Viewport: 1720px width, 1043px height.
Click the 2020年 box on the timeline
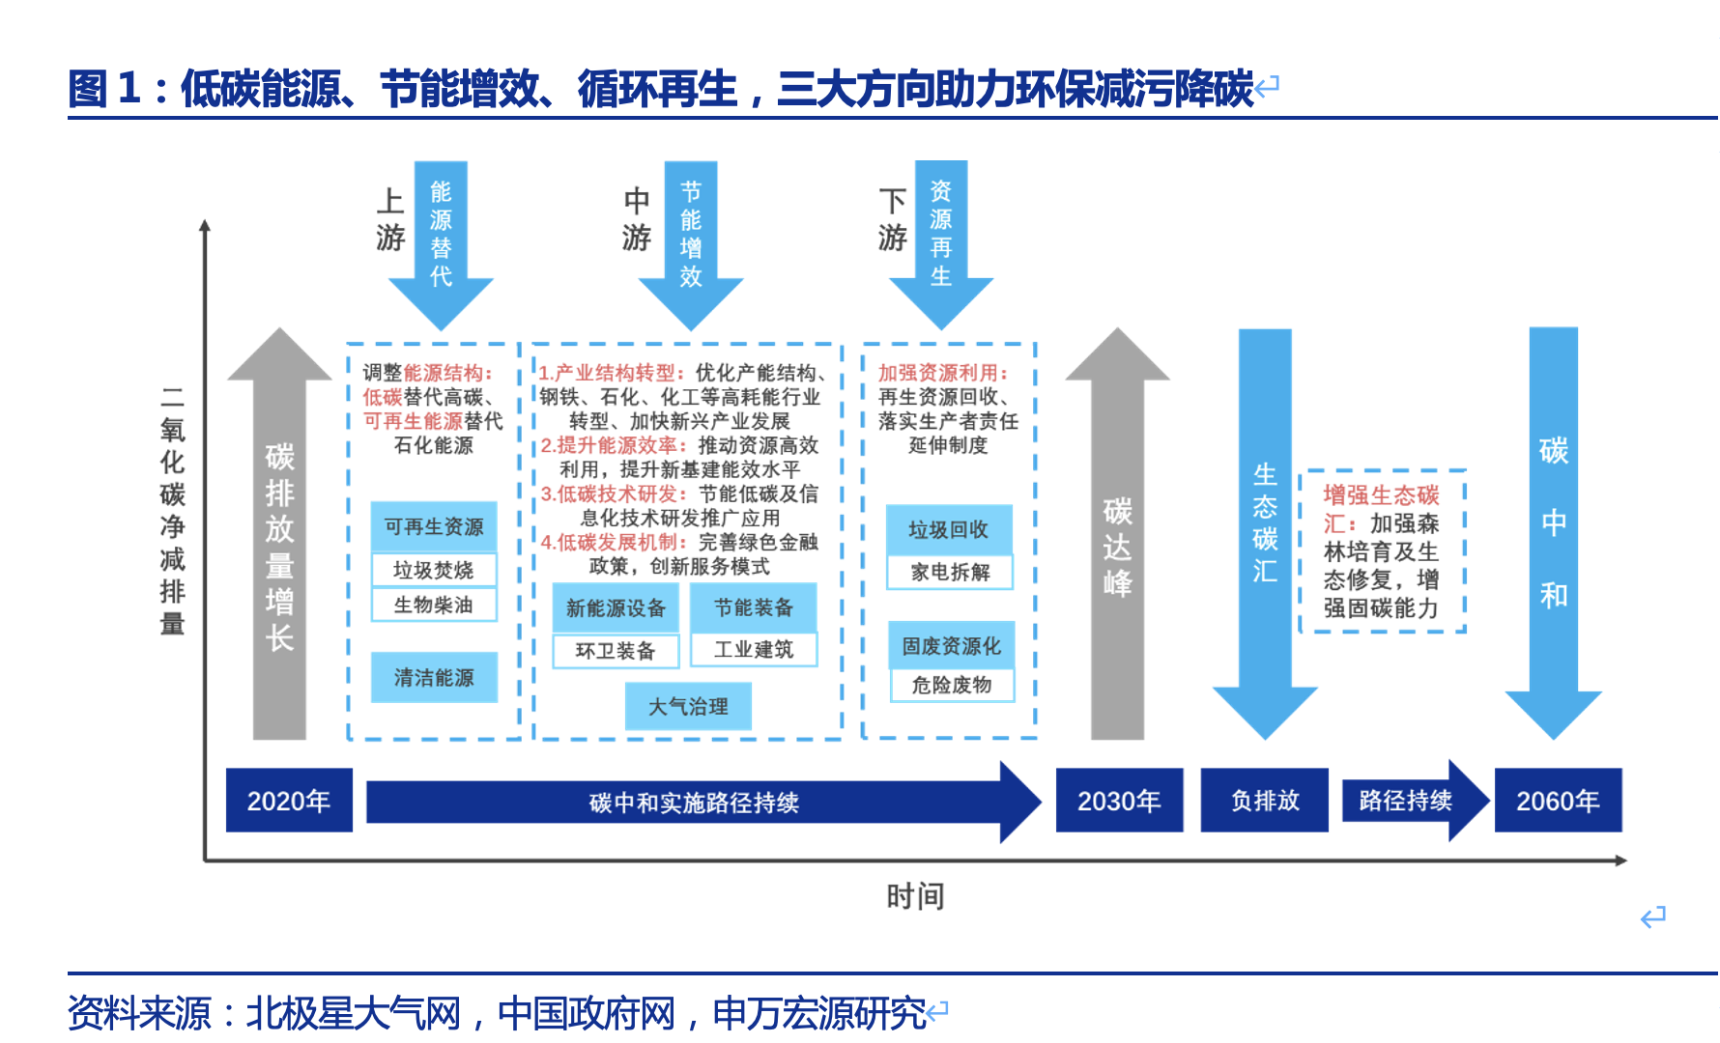pyautogui.click(x=289, y=801)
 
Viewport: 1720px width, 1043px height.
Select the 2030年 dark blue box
pyautogui.click(x=1119, y=801)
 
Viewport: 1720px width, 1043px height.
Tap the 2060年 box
pyautogui.click(x=1558, y=801)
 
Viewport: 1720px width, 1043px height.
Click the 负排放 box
pyautogui.click(x=1265, y=801)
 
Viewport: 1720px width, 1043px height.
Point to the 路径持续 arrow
pyautogui.click(x=1411, y=801)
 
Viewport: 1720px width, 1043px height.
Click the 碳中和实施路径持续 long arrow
pyautogui.click(x=694, y=803)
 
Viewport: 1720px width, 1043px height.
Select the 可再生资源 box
pyautogui.click(x=434, y=526)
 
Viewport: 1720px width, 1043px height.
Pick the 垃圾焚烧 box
pyautogui.click(x=434, y=570)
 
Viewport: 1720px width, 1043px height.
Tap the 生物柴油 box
pyautogui.click(x=434, y=605)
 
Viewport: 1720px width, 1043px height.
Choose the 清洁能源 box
pyautogui.click(x=434, y=677)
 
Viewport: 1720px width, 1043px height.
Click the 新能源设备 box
pyautogui.click(x=616, y=608)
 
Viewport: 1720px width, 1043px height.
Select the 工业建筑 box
pyautogui.click(x=754, y=650)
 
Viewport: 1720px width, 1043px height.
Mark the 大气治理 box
pyautogui.click(x=688, y=706)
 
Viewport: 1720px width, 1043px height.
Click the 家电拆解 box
pyautogui.click(x=950, y=572)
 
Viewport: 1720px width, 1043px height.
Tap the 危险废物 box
pyautogui.click(x=952, y=685)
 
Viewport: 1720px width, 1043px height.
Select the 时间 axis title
pyautogui.click(x=915, y=896)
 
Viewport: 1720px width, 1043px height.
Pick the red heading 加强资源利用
pyautogui.click(x=942, y=373)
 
